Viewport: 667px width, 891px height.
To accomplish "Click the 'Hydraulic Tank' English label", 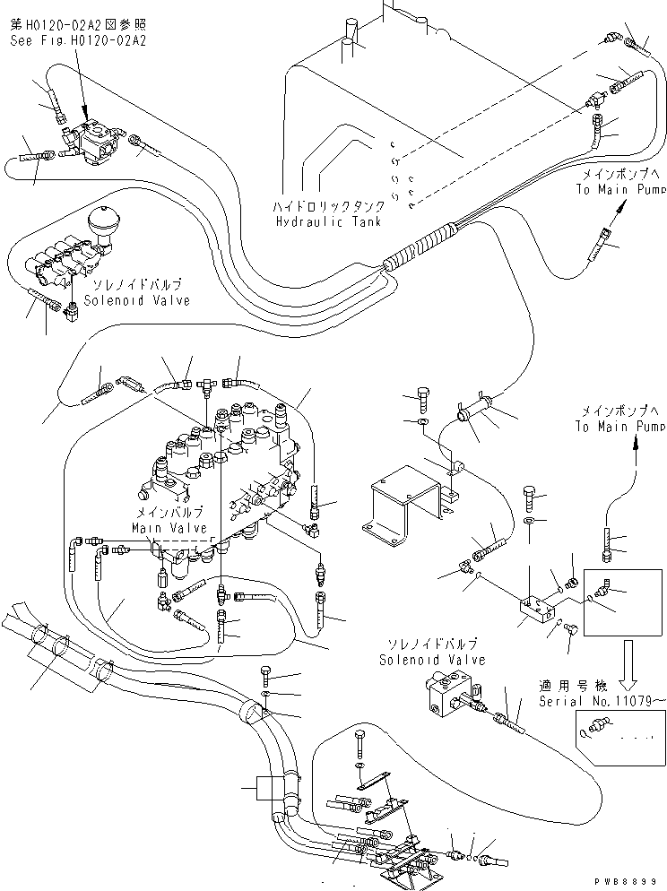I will point(328,221).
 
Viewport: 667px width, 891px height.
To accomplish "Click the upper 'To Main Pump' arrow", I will point(618,212).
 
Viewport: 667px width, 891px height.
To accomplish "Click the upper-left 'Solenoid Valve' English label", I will point(138,300).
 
